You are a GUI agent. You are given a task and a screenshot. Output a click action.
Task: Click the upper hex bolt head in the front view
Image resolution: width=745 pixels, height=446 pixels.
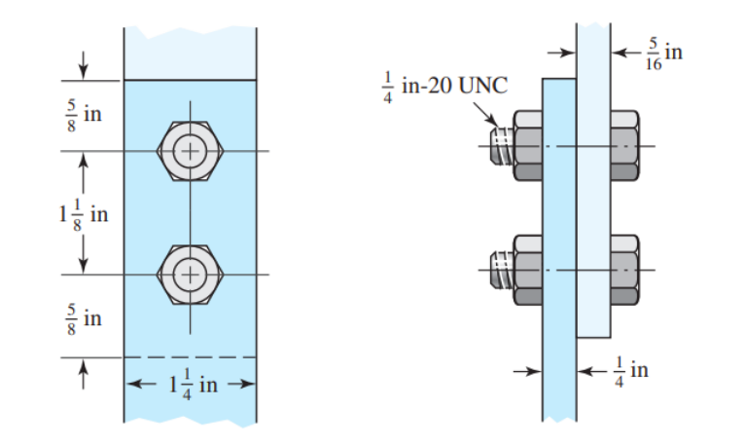pyautogui.click(x=191, y=151)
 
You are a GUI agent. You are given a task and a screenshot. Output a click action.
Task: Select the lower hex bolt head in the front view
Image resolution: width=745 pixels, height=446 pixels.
pyautogui.click(x=191, y=275)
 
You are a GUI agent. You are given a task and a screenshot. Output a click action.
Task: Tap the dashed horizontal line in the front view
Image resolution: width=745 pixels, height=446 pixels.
pyautogui.click(x=191, y=357)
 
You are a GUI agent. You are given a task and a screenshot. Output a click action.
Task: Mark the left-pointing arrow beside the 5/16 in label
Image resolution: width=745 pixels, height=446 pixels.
pyautogui.click(x=621, y=52)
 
